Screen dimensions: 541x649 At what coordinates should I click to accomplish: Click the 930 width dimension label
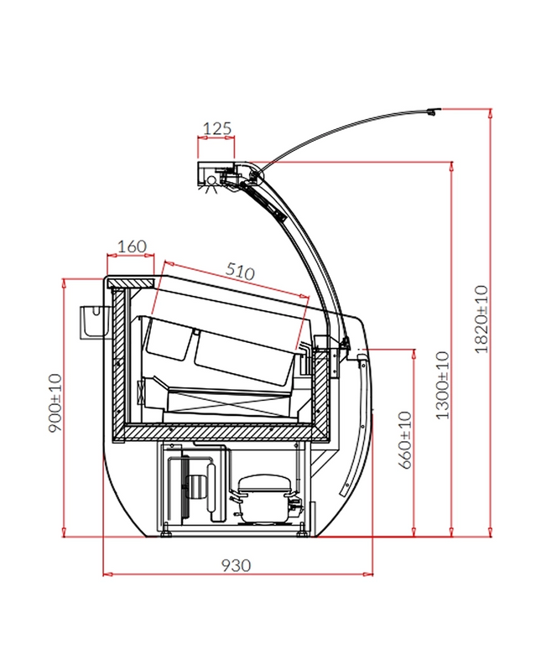pos(236,565)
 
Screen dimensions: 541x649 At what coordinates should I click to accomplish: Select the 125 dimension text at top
pos(216,129)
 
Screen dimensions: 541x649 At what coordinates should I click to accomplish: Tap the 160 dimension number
pos(132,247)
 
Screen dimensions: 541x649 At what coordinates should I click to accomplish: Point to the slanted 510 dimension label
pos(240,272)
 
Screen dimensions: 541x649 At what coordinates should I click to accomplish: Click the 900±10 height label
pos(55,402)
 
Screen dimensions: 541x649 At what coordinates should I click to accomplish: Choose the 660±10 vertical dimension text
pos(405,440)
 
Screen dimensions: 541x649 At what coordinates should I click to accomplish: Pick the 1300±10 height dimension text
pos(443,385)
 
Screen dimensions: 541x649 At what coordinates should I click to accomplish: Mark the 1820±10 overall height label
pos(481,319)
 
